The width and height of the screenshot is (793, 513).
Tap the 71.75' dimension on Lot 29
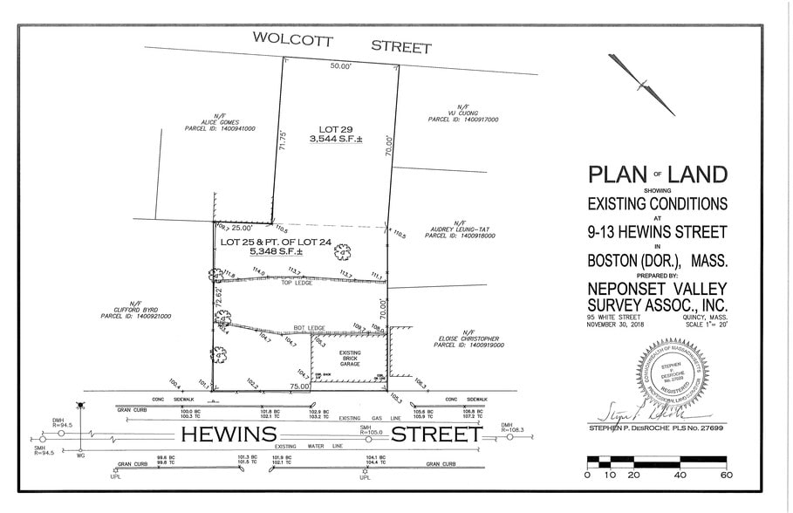pyautogui.click(x=281, y=141)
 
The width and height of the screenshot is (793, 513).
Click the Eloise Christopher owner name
pyautogui.click(x=468, y=339)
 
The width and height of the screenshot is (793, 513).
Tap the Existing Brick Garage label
pyautogui.click(x=349, y=359)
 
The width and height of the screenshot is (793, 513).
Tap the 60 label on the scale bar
pyautogui.click(x=726, y=475)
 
